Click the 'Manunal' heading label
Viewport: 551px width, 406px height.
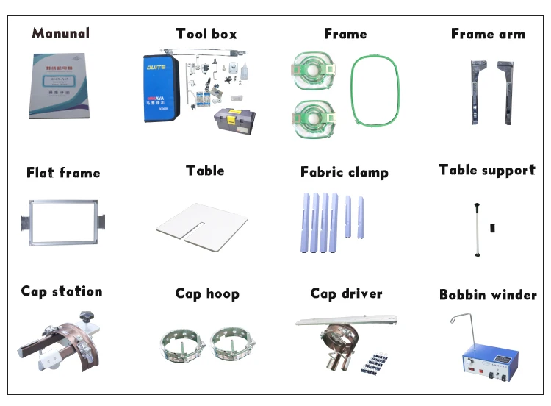click(61, 33)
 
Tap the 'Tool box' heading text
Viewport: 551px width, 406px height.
click(206, 34)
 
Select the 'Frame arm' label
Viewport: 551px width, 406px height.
click(488, 34)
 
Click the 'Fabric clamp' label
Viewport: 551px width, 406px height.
click(344, 173)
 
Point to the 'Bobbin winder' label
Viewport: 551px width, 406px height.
click(488, 295)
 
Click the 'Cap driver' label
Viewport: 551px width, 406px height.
click(346, 293)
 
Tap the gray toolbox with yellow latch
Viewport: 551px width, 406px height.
click(234, 121)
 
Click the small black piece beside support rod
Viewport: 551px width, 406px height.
click(492, 229)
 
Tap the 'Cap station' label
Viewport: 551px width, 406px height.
click(61, 292)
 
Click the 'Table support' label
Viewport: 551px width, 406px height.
click(486, 171)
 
